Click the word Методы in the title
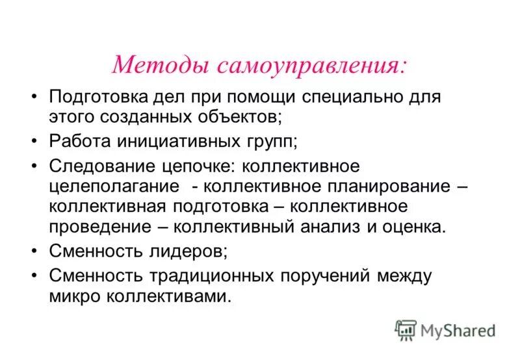pos(159,65)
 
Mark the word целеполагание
pos(114,186)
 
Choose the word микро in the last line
pos(73,297)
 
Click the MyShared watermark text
pos(458,331)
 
